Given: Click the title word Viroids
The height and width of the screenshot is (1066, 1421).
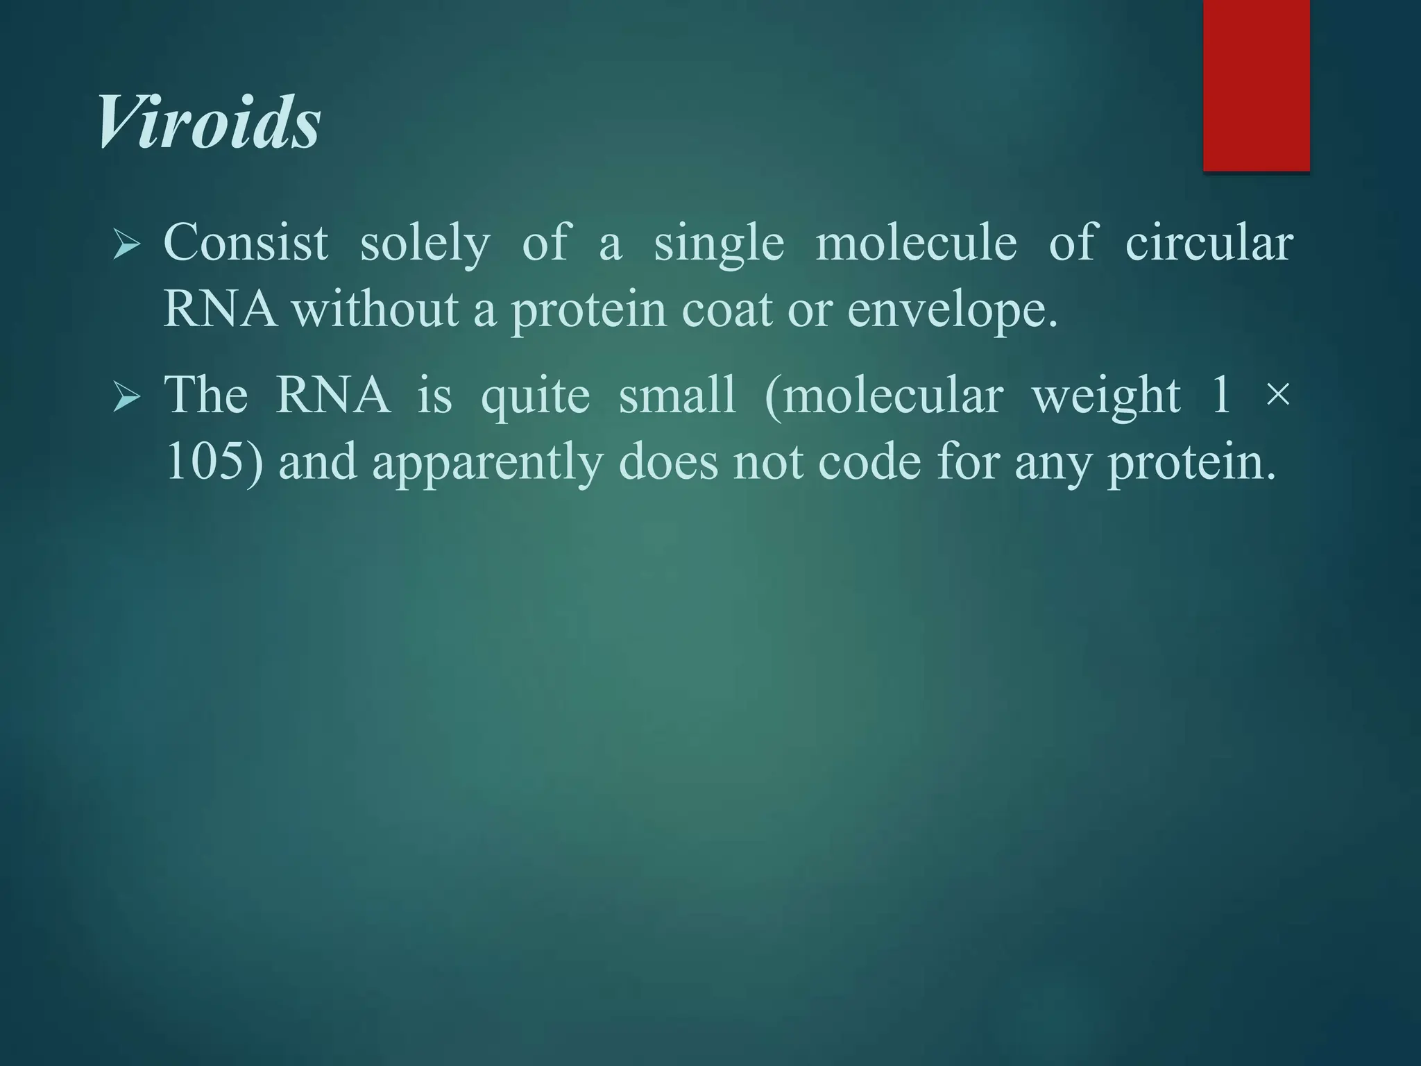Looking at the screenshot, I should point(208,123).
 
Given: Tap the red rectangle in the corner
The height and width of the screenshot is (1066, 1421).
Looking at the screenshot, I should point(1256,85).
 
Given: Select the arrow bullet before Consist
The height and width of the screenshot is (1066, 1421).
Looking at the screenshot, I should point(126,245).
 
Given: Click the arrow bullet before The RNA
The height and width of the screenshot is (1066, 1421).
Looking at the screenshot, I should point(126,397).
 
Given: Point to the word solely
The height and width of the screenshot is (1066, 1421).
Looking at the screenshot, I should point(425,244).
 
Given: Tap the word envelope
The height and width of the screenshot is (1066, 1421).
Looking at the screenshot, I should point(952,310).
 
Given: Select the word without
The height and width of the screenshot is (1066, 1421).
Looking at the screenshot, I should point(375,309).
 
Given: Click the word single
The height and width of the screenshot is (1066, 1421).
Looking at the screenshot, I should point(719,244).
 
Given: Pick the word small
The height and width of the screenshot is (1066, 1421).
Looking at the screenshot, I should point(677,395).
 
